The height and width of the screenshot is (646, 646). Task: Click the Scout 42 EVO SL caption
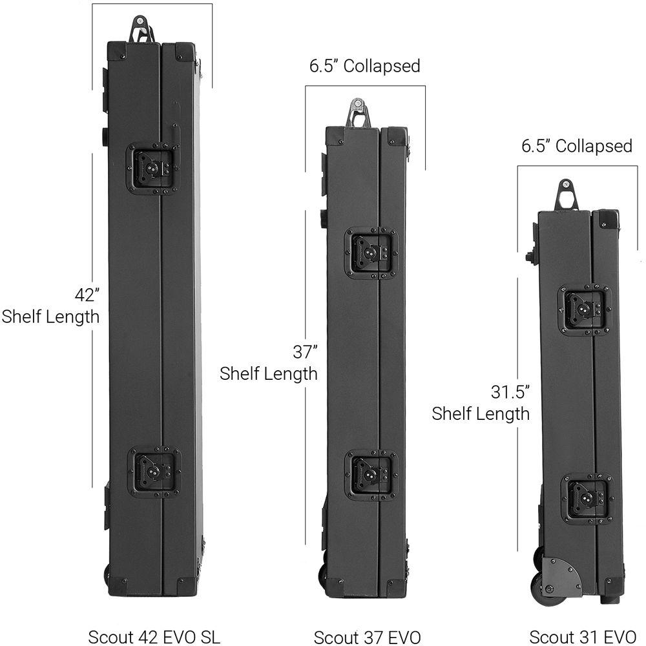click(154, 636)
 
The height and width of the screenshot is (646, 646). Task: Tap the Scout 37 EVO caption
click(368, 638)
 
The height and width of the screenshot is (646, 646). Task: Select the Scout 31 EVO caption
click(583, 637)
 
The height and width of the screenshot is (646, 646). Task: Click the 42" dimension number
click(87, 295)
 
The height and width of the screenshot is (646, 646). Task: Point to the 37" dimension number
click(306, 352)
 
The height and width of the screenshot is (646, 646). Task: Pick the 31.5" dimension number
click(510, 392)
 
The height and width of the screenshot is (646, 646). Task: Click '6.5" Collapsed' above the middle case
click(364, 66)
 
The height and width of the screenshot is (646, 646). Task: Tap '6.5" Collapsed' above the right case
click(577, 146)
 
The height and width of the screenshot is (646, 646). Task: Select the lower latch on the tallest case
click(154, 474)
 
